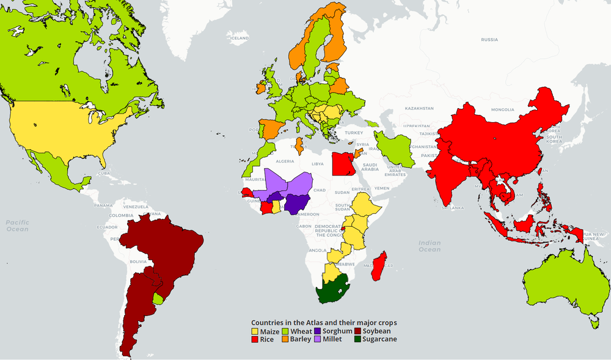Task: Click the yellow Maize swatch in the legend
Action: click(255, 331)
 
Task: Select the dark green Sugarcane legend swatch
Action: click(357, 339)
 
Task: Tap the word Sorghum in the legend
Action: click(337, 331)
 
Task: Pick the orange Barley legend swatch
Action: click(285, 339)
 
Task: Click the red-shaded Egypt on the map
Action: click(342, 163)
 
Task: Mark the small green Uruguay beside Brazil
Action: click(159, 299)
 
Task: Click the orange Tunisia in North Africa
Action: click(299, 146)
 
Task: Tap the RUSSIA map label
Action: click(489, 40)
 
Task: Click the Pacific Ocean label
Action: click(18, 226)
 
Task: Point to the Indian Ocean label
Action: click(430, 246)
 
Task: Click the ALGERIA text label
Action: click(286, 161)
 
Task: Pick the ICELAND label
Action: click(239, 38)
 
